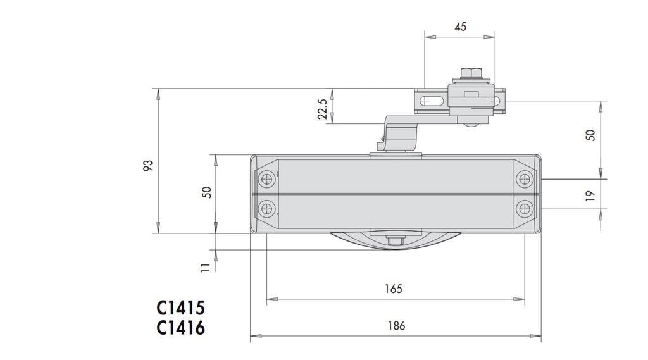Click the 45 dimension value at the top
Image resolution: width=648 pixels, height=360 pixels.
(x=460, y=27)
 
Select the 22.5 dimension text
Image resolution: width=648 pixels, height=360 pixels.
(x=323, y=108)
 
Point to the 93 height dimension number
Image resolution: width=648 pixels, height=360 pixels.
(x=147, y=166)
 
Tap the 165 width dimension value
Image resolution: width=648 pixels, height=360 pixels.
(x=394, y=289)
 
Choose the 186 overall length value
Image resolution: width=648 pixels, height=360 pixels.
(x=396, y=326)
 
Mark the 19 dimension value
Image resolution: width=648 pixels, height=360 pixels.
(x=590, y=196)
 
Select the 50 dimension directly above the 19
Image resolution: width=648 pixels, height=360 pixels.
(x=590, y=135)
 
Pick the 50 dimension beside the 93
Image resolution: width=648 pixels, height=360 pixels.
(x=206, y=192)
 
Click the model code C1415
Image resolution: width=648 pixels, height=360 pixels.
(x=181, y=308)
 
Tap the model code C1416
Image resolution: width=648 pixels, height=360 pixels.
(x=181, y=328)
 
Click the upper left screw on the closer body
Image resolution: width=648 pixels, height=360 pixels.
(x=268, y=179)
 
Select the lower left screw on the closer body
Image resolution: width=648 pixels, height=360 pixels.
(x=268, y=208)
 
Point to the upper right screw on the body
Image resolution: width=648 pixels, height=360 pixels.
(x=525, y=179)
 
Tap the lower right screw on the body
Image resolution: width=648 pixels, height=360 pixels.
(x=525, y=208)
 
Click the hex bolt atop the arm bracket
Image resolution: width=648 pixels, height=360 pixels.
(x=469, y=74)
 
